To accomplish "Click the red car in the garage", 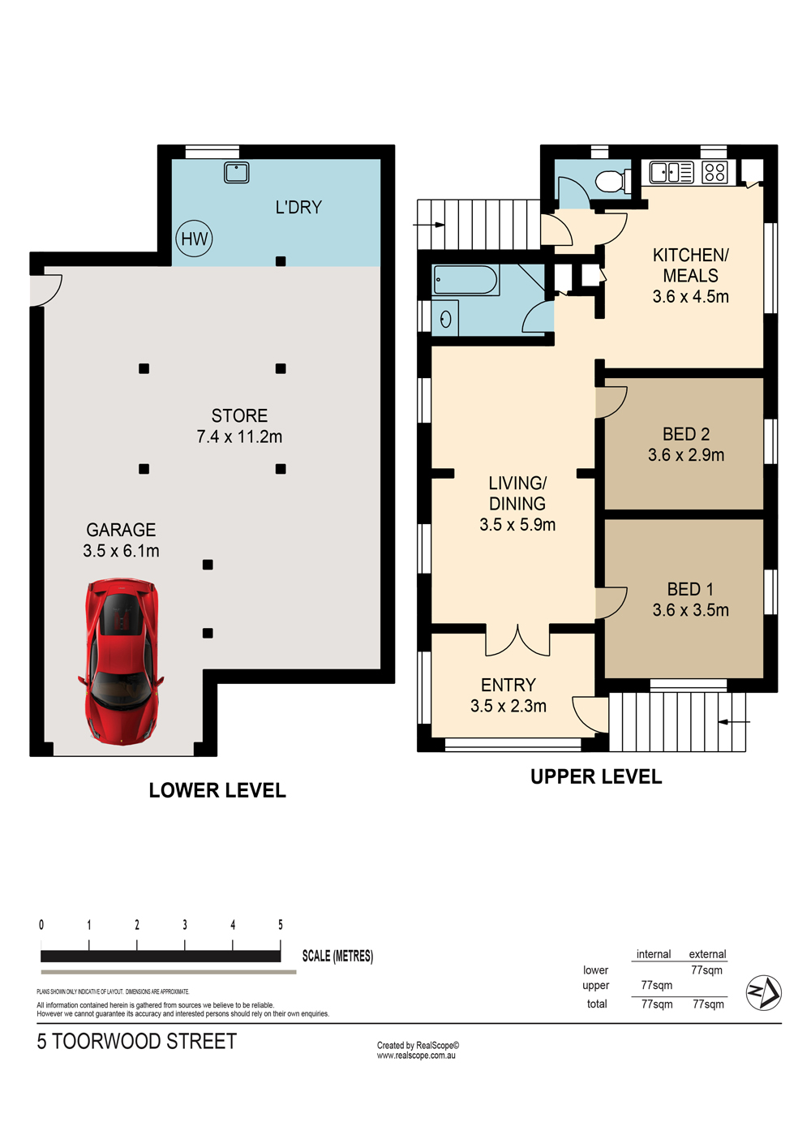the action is tap(122, 661).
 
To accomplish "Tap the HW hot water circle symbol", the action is tap(194, 239).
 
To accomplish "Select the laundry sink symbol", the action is tap(237, 172).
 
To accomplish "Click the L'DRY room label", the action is tap(298, 208).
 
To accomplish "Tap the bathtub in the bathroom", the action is tap(466, 280).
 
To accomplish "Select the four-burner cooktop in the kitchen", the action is tap(714, 172).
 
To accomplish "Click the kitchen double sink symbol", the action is tap(672, 172).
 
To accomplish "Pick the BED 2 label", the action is tap(686, 434).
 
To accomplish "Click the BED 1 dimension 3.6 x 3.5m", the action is tap(691, 610).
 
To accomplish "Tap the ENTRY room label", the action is tap(508, 686).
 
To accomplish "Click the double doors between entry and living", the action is tap(517, 641).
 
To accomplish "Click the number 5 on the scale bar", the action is tap(281, 925).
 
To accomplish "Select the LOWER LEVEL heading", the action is tap(217, 790).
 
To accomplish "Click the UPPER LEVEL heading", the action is tap(596, 776).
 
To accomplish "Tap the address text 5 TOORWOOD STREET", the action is tap(136, 1042).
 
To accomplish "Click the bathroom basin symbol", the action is tap(445, 319).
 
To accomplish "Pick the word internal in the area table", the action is tap(653, 954).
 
